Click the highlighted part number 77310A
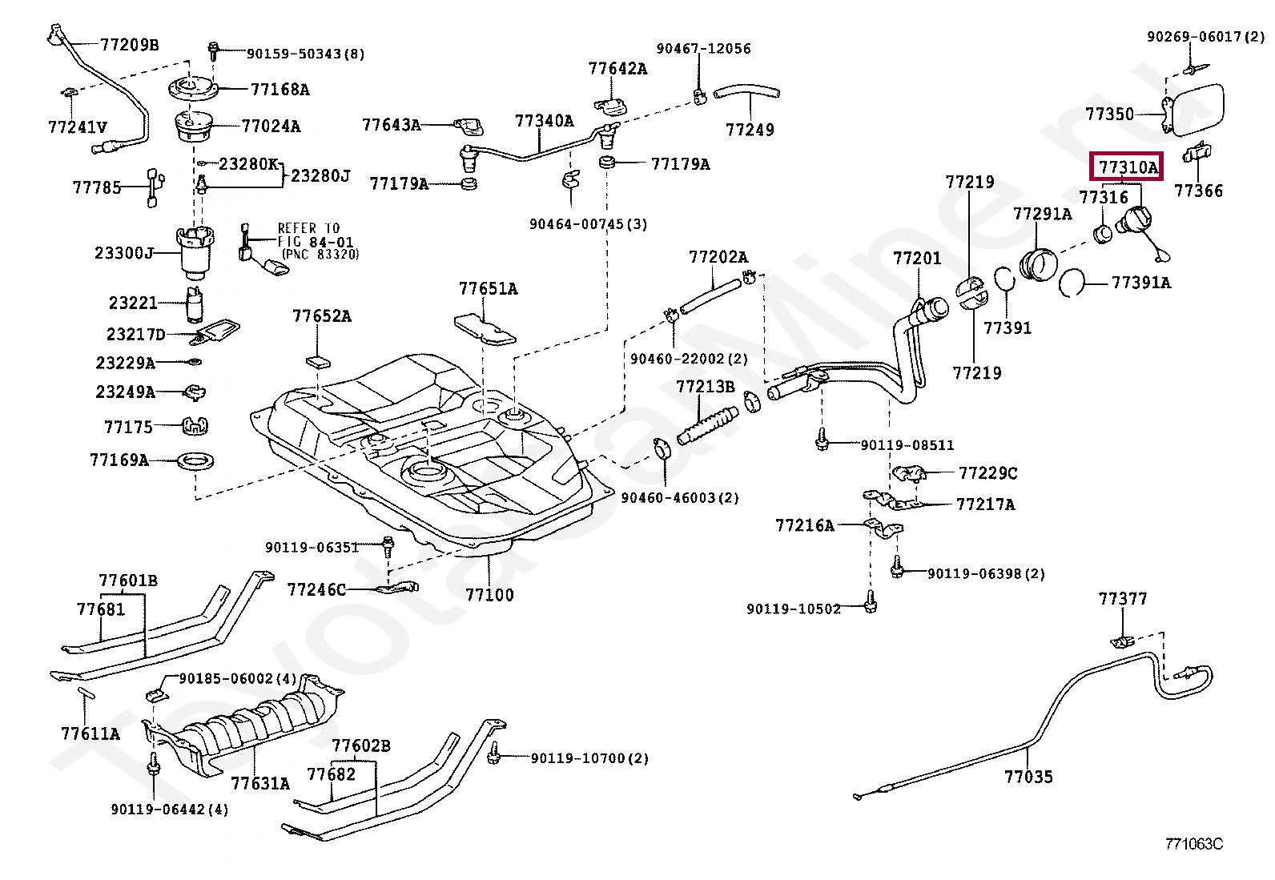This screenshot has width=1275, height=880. tap(1128, 167)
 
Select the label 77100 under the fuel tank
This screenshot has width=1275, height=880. tap(489, 595)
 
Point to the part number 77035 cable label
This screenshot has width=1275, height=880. tap(1028, 777)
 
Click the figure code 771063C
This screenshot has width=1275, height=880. tap(1193, 844)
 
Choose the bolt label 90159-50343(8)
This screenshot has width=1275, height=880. tap(305, 54)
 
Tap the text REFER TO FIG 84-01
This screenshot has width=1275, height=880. tap(314, 235)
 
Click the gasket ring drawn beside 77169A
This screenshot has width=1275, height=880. tap(196, 461)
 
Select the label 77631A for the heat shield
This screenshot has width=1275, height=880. tap(260, 783)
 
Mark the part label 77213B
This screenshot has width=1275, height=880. tap(705, 387)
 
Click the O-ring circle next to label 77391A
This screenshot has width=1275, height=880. tap(1072, 282)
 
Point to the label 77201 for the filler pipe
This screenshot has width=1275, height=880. tap(917, 258)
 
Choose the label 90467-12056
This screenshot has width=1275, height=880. tap(703, 49)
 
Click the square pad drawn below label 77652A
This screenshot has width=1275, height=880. tap(318, 358)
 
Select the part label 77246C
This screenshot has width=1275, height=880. tap(316, 590)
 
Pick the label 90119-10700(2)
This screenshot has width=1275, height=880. tap(589, 757)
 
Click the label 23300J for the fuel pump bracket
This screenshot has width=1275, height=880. tap(124, 253)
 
